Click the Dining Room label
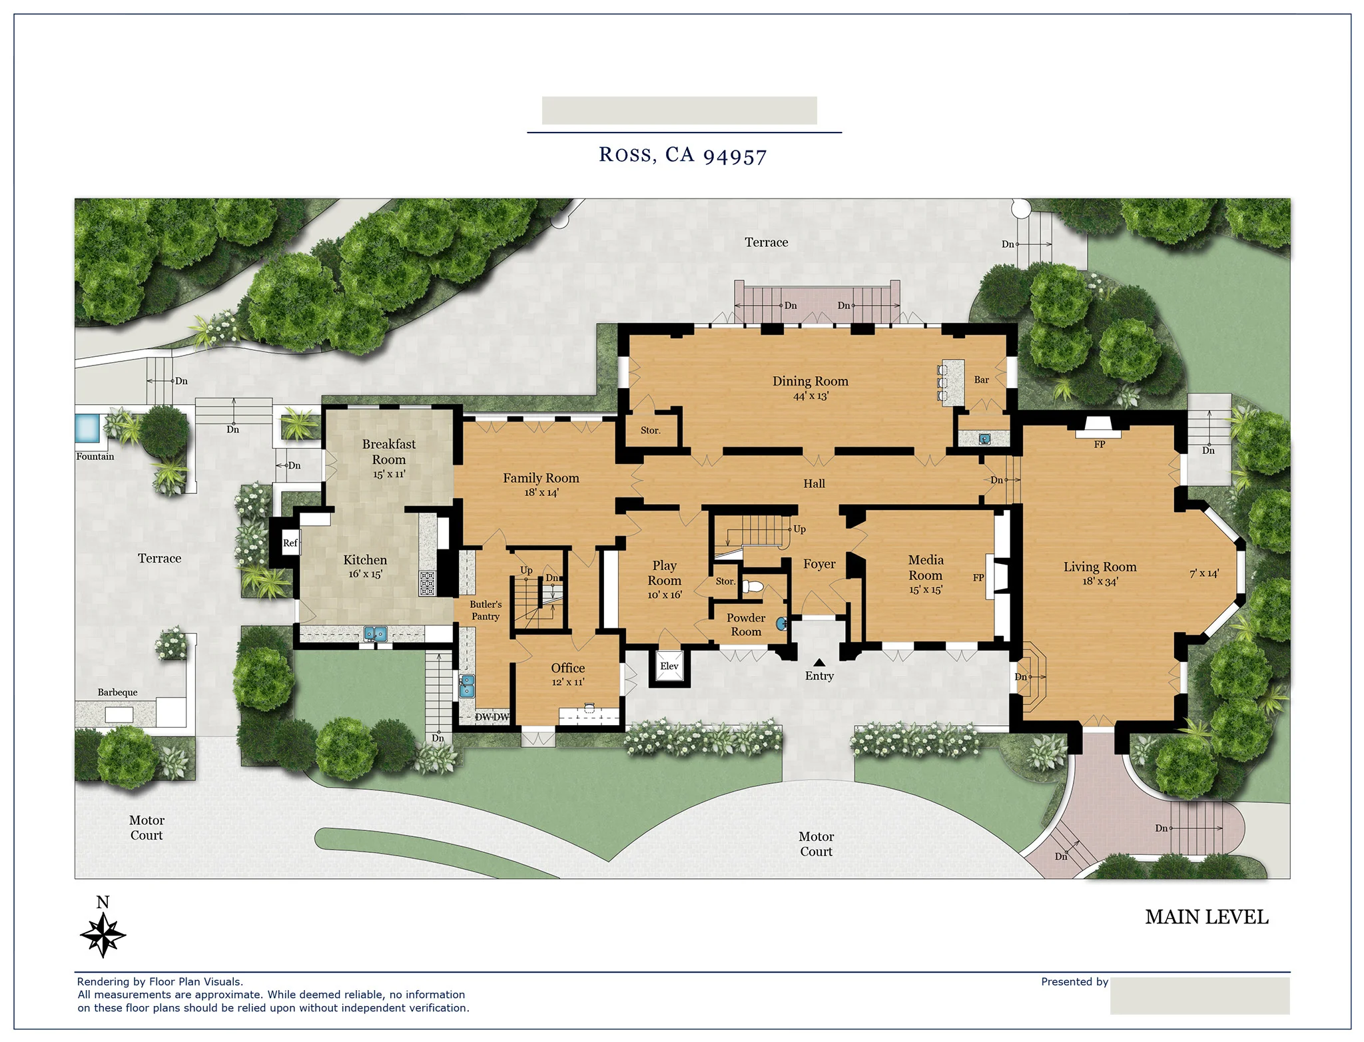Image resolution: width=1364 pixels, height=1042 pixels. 810,382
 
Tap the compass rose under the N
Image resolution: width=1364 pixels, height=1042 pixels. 103,935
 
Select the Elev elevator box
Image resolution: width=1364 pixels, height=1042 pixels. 669,666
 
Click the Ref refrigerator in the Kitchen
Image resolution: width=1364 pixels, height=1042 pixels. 290,543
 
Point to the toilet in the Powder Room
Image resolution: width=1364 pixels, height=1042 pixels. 753,587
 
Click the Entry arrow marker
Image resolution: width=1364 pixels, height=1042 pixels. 819,662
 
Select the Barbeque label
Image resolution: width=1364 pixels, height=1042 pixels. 118,692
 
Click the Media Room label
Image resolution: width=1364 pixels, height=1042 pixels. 926,567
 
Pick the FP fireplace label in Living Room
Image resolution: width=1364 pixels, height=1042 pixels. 1099,444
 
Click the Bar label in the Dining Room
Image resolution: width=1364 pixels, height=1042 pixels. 981,380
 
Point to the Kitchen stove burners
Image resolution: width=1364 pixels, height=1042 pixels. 427,583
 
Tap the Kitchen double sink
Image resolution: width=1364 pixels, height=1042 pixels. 376,633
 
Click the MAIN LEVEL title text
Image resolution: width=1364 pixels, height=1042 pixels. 1206,917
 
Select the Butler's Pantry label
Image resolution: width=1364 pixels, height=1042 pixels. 486,610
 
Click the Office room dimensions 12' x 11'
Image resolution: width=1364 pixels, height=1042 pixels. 567,682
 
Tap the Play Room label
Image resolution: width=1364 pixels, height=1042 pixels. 664,573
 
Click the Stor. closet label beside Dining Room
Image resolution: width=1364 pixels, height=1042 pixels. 650,431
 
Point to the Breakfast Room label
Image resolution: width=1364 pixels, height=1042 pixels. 389,451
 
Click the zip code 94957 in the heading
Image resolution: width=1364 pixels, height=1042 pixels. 735,156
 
